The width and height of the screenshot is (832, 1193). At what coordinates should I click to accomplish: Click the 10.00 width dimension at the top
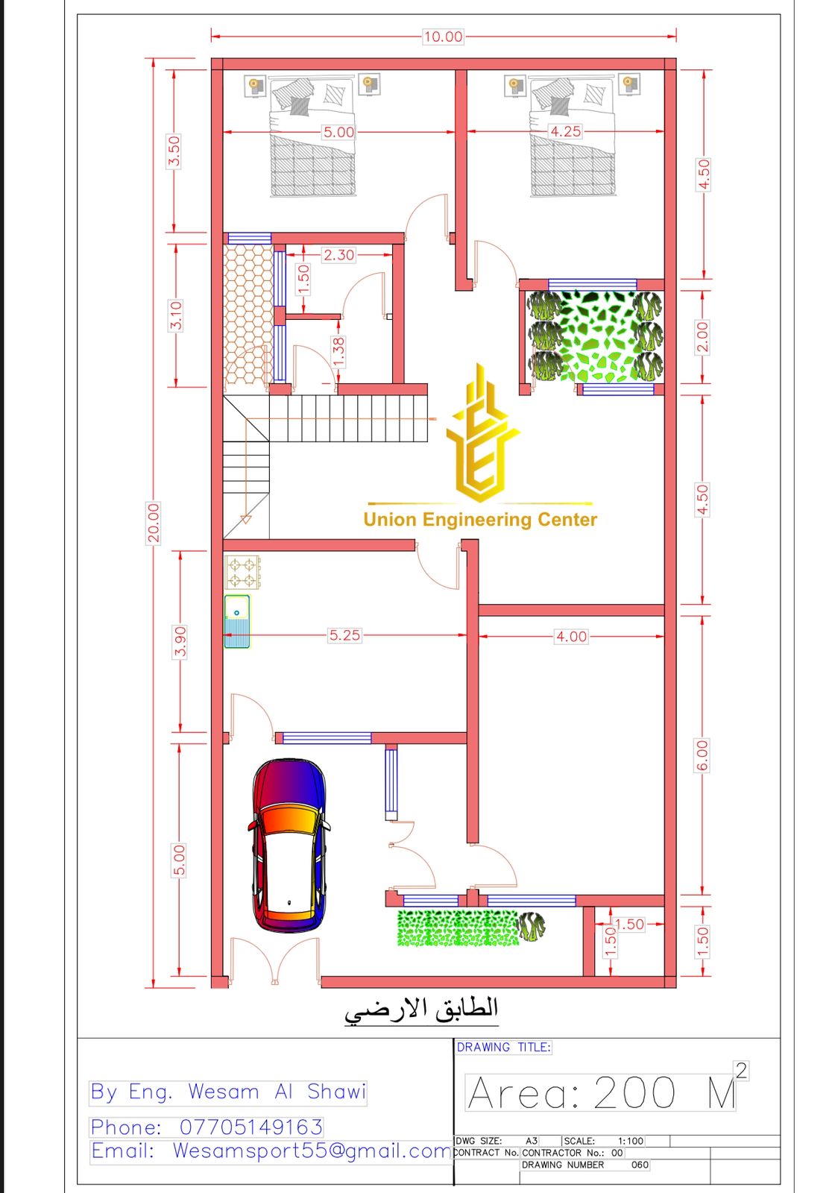tap(443, 37)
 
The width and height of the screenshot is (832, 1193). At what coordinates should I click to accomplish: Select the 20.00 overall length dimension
tap(154, 523)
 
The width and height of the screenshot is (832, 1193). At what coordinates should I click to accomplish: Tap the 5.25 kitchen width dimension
tap(344, 635)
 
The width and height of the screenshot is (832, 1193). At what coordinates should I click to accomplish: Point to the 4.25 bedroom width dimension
tap(565, 131)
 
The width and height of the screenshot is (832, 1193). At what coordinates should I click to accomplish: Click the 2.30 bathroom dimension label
tap(338, 254)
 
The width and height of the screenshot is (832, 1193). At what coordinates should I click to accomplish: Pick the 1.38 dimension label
tap(338, 352)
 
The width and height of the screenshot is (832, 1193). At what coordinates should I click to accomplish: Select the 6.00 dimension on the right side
tap(702, 755)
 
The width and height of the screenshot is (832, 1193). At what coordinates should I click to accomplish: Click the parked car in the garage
tap(289, 846)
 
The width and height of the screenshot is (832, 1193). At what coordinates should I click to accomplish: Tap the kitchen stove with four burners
tap(243, 571)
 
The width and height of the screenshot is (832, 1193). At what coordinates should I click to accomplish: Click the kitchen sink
tap(237, 621)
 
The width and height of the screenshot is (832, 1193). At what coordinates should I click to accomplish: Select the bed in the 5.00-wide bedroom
tap(312, 137)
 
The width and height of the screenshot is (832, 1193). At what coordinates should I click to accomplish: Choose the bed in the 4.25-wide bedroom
tap(573, 137)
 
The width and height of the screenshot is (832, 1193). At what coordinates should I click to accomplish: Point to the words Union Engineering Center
tap(480, 519)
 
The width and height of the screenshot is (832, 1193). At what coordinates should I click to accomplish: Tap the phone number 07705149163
tap(251, 1127)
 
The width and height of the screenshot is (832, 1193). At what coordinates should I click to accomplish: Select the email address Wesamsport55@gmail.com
tap(312, 1150)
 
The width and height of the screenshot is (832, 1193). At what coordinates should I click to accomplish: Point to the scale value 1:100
tap(631, 1141)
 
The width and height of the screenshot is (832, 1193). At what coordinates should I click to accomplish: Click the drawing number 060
tap(640, 1165)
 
